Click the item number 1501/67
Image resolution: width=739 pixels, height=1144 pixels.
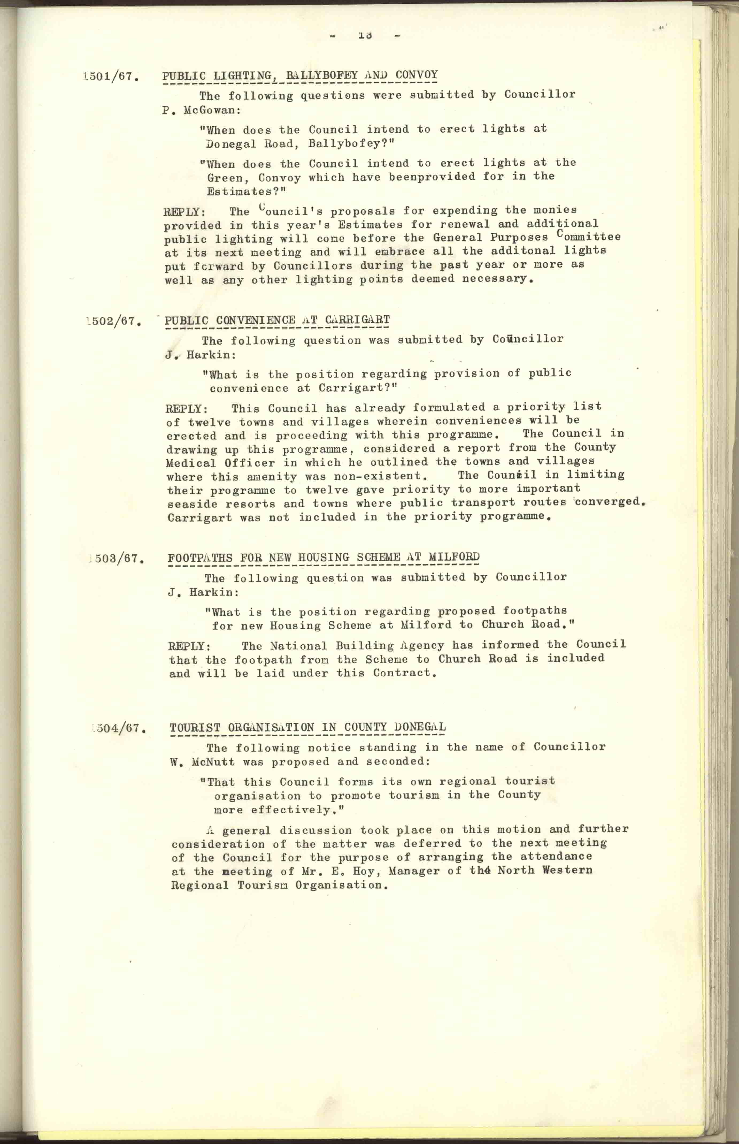(x=111, y=77)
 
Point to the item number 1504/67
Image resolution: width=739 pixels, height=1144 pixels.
(x=118, y=728)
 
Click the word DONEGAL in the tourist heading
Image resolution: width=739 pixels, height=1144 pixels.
(x=419, y=727)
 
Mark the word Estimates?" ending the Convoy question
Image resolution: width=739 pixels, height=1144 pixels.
(x=246, y=192)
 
